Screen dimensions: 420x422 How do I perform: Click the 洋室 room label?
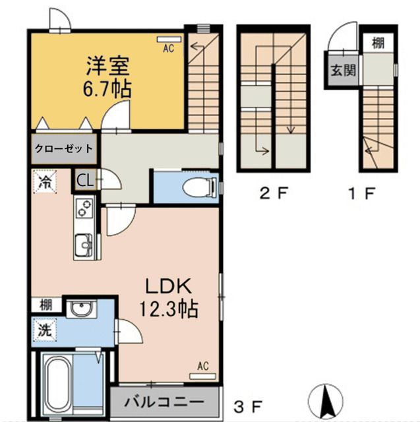click(x=107, y=66)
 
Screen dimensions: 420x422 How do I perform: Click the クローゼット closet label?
click(x=64, y=148)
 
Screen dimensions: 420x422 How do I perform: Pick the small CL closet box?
click(x=85, y=180)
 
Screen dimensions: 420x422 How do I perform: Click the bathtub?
click(x=58, y=386)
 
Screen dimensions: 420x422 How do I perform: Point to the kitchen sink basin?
click(x=84, y=245)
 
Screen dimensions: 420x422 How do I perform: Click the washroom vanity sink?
click(x=81, y=309)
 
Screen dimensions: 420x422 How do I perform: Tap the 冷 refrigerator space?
click(x=45, y=182)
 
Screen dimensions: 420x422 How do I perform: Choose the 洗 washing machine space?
click(x=45, y=330)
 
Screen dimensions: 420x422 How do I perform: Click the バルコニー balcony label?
click(x=164, y=402)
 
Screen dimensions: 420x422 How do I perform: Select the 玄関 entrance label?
click(x=343, y=71)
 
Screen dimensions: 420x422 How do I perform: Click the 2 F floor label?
click(x=274, y=193)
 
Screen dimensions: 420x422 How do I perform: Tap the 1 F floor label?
click(x=361, y=193)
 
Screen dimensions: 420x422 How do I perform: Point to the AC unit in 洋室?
click(x=169, y=40)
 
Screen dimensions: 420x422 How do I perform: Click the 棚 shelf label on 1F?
click(x=378, y=43)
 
